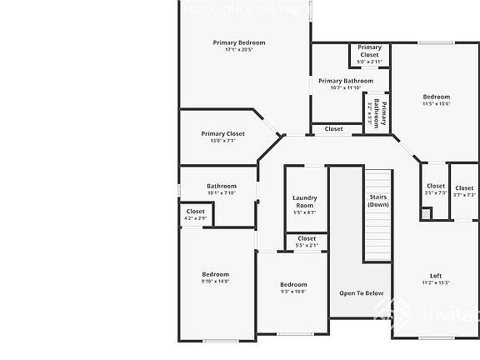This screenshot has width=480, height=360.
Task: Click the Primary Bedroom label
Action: coord(238,42)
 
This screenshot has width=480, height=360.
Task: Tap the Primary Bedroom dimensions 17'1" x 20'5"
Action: coord(238,50)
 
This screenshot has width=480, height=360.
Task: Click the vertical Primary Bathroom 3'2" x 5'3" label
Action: coord(377,112)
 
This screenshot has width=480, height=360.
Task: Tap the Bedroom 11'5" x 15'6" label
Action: coord(436,100)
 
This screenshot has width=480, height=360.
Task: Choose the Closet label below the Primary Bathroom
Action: coord(333,129)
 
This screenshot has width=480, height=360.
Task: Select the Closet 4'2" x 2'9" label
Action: coord(196,214)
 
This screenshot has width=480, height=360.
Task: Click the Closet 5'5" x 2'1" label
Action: coord(306,242)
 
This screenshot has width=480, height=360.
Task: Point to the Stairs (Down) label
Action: coord(378,200)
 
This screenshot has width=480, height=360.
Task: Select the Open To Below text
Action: coord(361,292)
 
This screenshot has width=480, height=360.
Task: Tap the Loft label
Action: coord(435,279)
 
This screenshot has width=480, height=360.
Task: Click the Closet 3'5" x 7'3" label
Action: coord(436,190)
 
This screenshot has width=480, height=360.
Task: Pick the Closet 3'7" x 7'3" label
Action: coord(464,192)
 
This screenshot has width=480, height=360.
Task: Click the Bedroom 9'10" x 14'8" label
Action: coord(215,277)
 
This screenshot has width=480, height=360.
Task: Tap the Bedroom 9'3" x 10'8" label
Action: coord(292,287)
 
